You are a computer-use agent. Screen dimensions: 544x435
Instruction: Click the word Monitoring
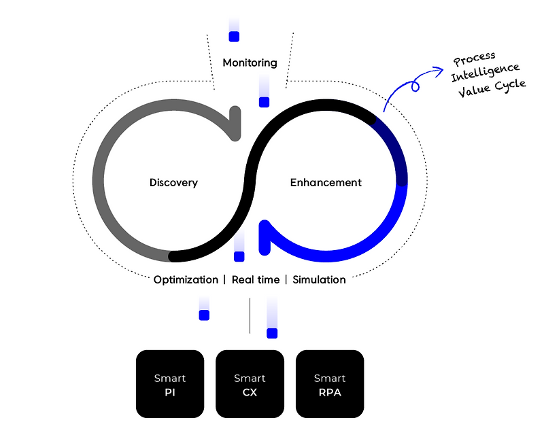pos(250,63)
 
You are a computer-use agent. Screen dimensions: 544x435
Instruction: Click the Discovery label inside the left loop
pos(173,182)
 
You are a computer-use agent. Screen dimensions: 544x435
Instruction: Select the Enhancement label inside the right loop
pos(326,182)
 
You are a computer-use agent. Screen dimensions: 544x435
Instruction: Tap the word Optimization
pos(186,279)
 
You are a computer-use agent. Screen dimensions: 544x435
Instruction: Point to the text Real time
pos(256,279)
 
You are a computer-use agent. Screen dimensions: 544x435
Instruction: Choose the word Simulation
pos(319,279)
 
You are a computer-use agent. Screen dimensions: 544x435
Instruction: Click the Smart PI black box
pos(170,383)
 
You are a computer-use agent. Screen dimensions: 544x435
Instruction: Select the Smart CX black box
pos(250,383)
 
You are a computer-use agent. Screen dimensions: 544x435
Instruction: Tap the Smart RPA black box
pos(330,383)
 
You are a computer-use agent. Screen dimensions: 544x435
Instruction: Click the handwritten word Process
pos(474,58)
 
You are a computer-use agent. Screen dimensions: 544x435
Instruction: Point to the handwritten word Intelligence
pos(485,73)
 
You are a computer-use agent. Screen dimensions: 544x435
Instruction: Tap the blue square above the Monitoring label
pos(234,37)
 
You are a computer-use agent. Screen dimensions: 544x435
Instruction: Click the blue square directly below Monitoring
pos(264,102)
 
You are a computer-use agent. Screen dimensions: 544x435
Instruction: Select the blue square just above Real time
pos(239,257)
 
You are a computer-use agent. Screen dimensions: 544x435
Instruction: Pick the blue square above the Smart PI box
pos(204,315)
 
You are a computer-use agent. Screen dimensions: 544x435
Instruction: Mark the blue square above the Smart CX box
pos(272,333)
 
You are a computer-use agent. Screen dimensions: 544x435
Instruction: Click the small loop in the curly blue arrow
pos(415,86)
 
